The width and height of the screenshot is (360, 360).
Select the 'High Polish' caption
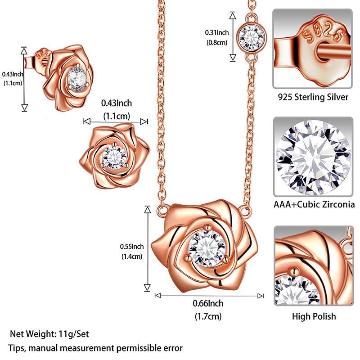click(x=314, y=316)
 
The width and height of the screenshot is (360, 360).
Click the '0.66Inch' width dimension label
click(x=208, y=304)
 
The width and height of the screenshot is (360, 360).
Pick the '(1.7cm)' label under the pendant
click(x=208, y=316)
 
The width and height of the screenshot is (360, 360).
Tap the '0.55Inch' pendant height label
click(x=132, y=246)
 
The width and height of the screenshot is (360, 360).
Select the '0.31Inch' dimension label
click(x=217, y=32)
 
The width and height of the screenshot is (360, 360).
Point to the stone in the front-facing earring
click(x=115, y=157)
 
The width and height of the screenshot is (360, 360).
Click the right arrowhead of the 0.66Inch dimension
click(x=261, y=296)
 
